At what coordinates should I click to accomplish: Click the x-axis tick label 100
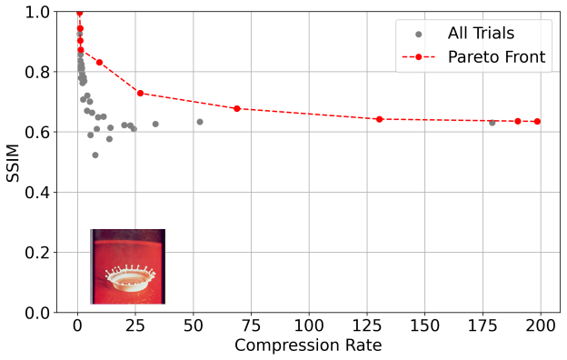(x=309, y=326)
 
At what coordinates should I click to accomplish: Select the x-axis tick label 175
(x=482, y=326)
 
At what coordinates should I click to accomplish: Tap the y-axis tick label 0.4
(x=37, y=192)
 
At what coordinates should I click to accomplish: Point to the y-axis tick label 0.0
(x=37, y=313)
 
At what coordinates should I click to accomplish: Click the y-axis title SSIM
(x=13, y=163)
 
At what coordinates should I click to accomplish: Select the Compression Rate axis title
(x=308, y=345)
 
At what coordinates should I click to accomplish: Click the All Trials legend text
(x=481, y=34)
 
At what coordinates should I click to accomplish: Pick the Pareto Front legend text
(x=496, y=56)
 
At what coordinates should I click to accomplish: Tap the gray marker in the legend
(x=418, y=35)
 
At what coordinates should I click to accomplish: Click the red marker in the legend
(x=418, y=57)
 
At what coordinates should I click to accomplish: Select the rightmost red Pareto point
(x=537, y=122)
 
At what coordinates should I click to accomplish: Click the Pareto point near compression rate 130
(x=379, y=119)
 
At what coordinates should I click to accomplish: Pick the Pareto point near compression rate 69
(x=237, y=108)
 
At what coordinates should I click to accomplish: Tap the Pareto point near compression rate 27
(x=140, y=94)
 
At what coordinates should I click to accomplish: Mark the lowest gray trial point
(x=95, y=155)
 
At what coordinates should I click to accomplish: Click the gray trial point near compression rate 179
(x=492, y=123)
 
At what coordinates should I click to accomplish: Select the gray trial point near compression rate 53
(x=200, y=122)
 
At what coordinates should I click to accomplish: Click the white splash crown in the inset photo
(x=130, y=278)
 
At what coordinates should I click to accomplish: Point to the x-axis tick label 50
(x=194, y=326)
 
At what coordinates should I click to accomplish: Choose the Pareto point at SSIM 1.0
(x=80, y=13)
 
